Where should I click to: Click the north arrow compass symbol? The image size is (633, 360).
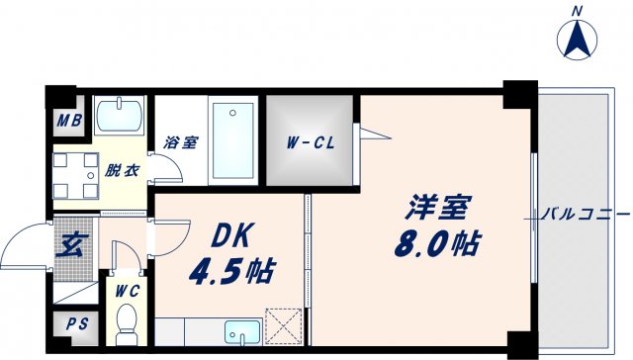click(578, 38)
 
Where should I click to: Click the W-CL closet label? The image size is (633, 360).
click(312, 143)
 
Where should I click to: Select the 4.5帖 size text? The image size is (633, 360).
click(233, 269)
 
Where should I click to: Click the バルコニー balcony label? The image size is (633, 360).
click(585, 214)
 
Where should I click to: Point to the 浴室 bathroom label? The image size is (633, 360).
click(180, 142)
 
